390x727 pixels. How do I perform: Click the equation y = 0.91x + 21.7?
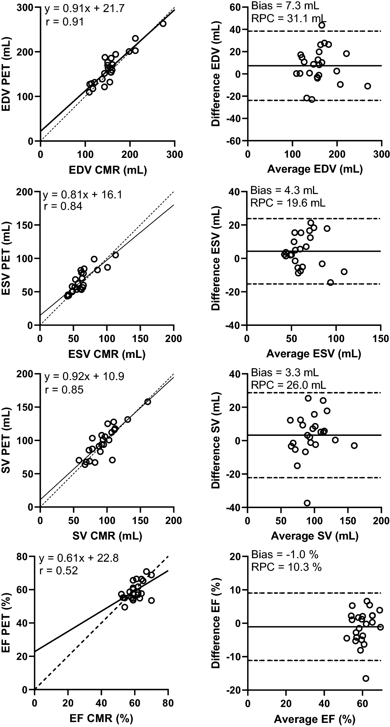point(84,9)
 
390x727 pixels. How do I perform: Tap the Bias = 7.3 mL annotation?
point(285,5)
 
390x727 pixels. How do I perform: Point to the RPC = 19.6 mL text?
point(288,203)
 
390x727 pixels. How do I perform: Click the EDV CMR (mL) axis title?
point(108,170)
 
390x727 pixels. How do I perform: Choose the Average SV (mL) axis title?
point(315,536)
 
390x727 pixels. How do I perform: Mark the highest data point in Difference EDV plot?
point(321,25)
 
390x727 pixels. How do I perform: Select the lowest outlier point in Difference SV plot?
point(307,503)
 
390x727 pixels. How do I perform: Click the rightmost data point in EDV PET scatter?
point(163,24)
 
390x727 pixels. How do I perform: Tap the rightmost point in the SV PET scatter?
point(147,402)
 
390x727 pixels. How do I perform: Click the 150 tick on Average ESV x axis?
point(381,338)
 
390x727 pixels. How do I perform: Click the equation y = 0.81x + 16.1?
point(82,195)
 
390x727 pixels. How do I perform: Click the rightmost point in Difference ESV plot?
point(344,272)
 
